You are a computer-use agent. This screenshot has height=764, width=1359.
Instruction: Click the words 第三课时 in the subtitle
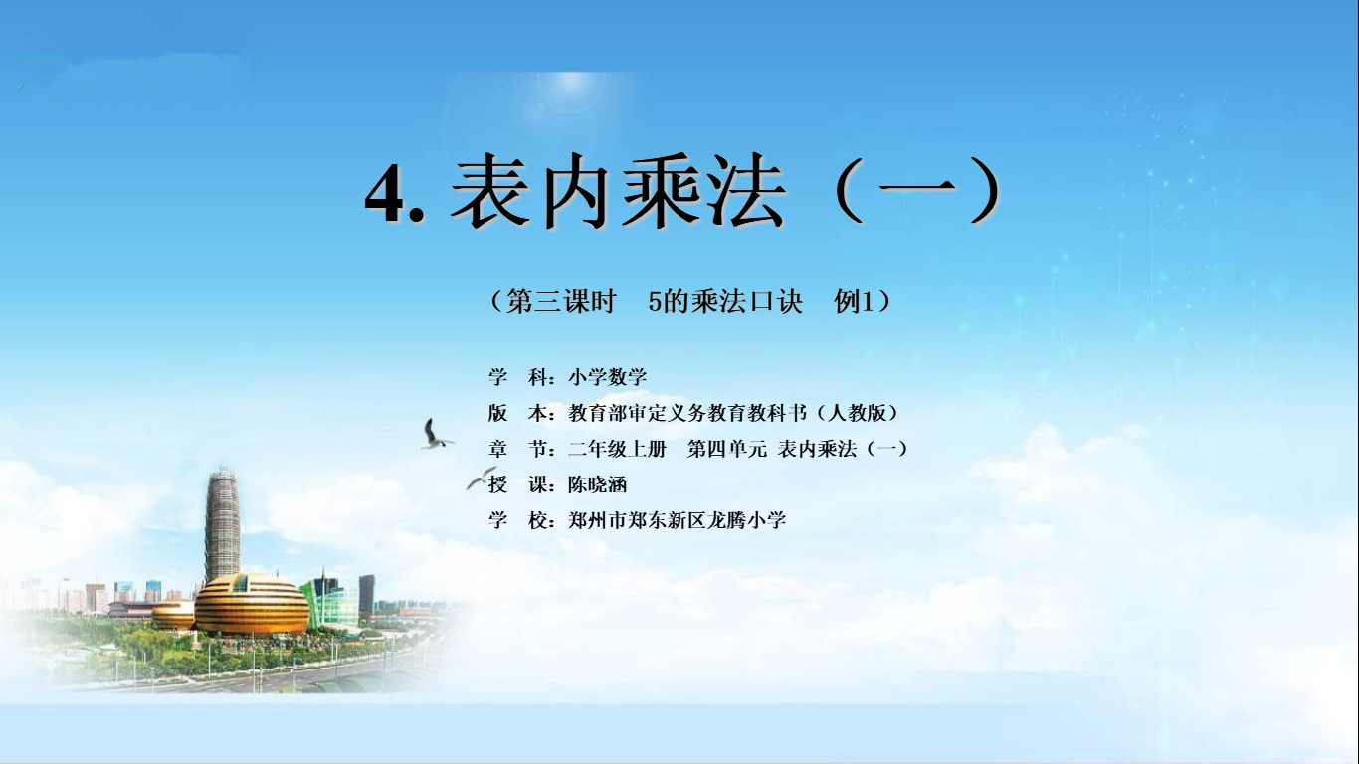[561, 301]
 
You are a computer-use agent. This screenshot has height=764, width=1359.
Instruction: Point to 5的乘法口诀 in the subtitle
[725, 301]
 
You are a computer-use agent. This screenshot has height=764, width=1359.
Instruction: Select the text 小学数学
[607, 377]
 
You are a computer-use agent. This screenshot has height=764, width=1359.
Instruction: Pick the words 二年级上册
[617, 449]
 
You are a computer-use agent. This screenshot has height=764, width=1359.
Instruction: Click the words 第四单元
[727, 449]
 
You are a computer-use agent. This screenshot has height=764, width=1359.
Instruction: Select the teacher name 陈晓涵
[598, 484]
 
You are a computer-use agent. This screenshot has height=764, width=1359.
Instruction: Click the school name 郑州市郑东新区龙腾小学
[678, 520]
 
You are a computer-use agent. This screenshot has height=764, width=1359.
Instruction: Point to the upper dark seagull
[434, 434]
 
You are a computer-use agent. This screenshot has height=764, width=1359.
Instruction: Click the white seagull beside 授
[482, 477]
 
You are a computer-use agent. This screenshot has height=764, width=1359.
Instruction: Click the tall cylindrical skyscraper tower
[222, 525]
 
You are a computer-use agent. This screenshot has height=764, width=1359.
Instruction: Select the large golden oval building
[251, 604]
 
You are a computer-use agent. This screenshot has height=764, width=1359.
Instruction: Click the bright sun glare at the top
[571, 84]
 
